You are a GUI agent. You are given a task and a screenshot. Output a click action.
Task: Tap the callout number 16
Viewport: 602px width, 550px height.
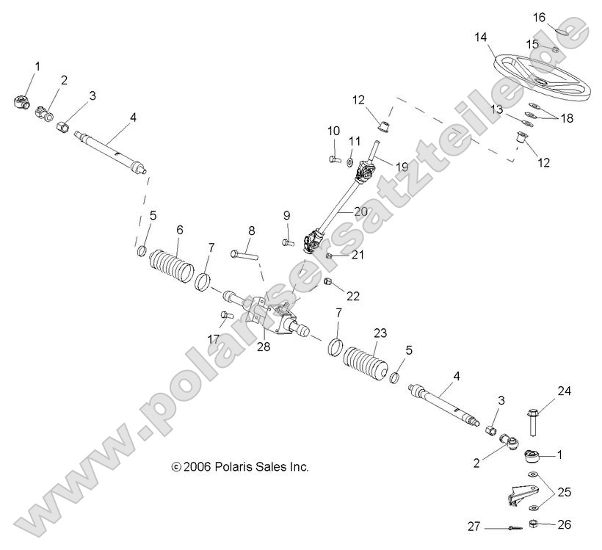(539, 18)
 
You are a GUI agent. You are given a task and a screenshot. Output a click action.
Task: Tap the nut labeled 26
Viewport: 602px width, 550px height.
(533, 523)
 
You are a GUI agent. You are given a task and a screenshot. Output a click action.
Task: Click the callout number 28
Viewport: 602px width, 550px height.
(264, 347)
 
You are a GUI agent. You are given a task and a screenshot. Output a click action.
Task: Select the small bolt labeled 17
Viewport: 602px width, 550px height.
(227, 315)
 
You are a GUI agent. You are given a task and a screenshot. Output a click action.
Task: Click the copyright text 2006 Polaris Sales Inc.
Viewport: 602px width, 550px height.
(240, 466)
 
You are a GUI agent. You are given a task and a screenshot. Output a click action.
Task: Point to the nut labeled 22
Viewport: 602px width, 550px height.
(328, 281)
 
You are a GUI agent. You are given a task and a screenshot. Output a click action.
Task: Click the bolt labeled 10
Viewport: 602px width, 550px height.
(335, 158)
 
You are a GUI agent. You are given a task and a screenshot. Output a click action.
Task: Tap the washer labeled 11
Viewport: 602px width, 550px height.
(349, 163)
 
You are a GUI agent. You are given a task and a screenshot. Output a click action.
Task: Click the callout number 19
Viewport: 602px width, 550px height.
(402, 166)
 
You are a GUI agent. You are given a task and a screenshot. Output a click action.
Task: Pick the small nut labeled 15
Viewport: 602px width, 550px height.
(555, 48)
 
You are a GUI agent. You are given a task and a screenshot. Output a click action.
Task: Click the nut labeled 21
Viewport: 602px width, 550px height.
(329, 256)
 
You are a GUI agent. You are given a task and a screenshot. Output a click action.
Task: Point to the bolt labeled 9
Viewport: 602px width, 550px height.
(288, 242)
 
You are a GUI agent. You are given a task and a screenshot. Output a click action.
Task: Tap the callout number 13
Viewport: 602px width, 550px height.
(496, 109)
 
